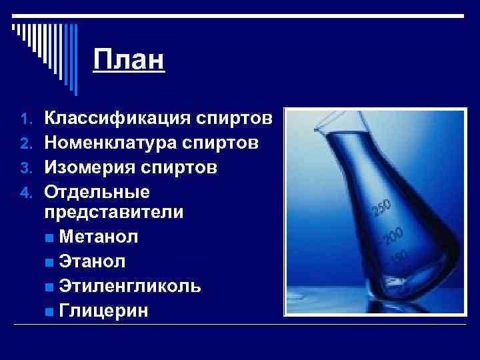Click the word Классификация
[118, 119]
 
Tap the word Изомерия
[88, 167]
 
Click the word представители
[113, 213]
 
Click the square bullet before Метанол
[51, 237]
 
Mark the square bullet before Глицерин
[51, 311]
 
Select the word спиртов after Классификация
[234, 119]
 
